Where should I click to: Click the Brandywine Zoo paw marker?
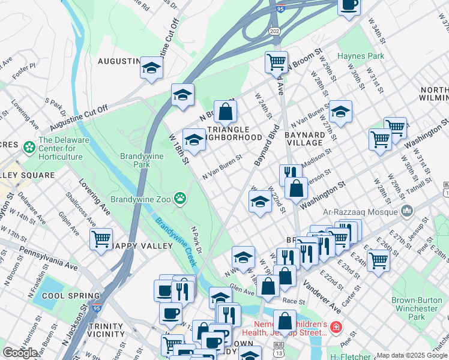(x=179, y=197)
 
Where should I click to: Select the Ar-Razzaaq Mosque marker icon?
(x=408, y=211)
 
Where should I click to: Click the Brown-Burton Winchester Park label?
(x=416, y=308)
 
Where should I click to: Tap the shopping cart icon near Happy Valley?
(x=101, y=238)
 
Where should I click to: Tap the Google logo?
(x=20, y=353)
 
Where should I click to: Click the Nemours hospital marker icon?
(x=335, y=328)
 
